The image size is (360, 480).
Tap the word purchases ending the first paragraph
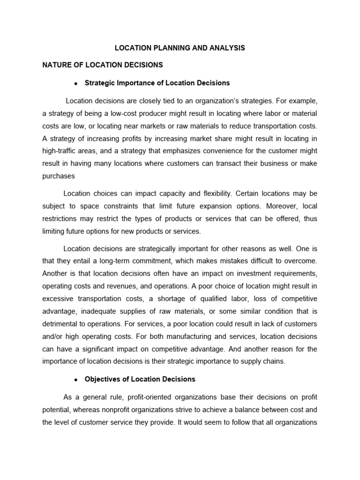coord(58,176)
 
